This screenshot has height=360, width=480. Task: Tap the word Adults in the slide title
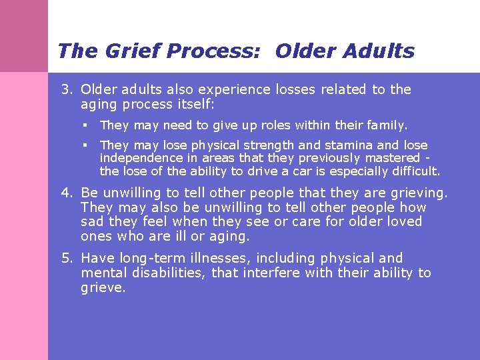(x=379, y=51)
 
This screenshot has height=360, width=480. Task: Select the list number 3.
(x=67, y=90)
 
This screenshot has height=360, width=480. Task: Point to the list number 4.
(x=67, y=193)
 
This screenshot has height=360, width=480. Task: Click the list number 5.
(x=67, y=258)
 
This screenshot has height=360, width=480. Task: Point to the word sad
(x=91, y=222)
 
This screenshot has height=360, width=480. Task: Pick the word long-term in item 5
(x=150, y=258)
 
